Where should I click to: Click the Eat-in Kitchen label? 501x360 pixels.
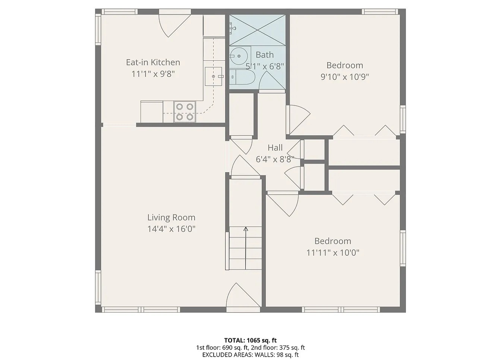[153, 62]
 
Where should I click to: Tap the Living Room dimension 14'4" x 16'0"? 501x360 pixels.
[171, 229]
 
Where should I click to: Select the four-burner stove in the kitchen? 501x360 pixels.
[185, 112]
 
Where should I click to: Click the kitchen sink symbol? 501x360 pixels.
[214, 76]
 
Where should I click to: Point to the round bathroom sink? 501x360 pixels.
[238, 56]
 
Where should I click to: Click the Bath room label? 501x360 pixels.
[265, 55]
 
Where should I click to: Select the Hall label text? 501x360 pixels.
[275, 148]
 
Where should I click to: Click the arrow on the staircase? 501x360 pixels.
[246, 230]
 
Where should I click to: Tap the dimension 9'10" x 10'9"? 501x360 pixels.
[344, 77]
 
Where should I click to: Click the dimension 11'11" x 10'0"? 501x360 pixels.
[333, 253]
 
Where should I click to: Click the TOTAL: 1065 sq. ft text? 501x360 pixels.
[250, 340]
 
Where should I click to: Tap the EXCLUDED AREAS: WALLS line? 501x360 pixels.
[250, 355]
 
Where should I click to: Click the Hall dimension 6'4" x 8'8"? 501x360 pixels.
[275, 159]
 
